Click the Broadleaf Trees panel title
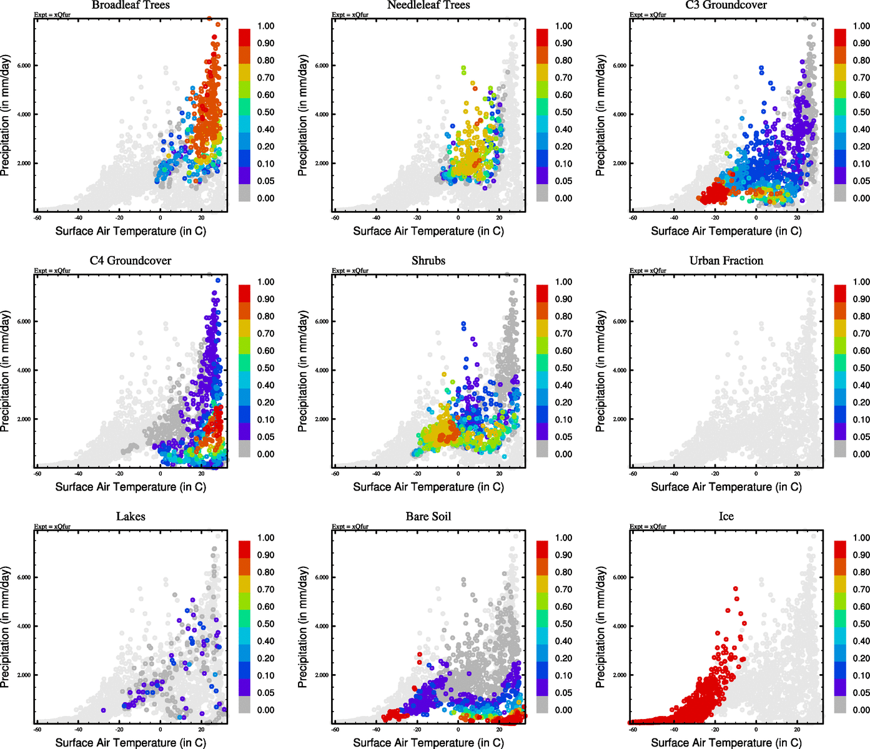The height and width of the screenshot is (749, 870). click(x=131, y=6)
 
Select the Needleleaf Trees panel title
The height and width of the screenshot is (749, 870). click(x=428, y=6)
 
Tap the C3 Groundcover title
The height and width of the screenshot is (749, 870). click(x=726, y=6)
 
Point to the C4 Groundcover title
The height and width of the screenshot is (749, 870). click(x=131, y=261)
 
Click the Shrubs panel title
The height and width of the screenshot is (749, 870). click(x=428, y=261)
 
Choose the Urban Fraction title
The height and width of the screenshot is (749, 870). click(x=726, y=261)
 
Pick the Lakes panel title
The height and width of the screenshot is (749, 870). click(x=131, y=517)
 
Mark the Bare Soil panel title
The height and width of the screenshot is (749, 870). click(x=428, y=517)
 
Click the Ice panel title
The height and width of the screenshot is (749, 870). click(x=726, y=517)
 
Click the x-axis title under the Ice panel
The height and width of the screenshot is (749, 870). click(x=726, y=743)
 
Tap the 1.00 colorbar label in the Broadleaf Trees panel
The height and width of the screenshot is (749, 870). click(x=266, y=26)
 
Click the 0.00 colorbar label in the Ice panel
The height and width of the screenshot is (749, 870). click(x=861, y=710)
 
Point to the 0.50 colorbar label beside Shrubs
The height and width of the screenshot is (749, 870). click(x=563, y=368)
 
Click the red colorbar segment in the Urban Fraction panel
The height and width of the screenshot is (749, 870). click(x=840, y=293)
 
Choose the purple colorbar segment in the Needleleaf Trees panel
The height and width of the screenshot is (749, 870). click(x=542, y=175)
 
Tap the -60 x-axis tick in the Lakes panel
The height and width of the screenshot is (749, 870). click(x=37, y=729)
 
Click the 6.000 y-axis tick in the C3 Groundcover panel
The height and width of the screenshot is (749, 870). click(x=620, y=66)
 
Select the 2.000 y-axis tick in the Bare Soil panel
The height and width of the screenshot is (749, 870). click(x=322, y=675)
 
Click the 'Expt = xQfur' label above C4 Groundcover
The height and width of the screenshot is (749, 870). click(x=52, y=271)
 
